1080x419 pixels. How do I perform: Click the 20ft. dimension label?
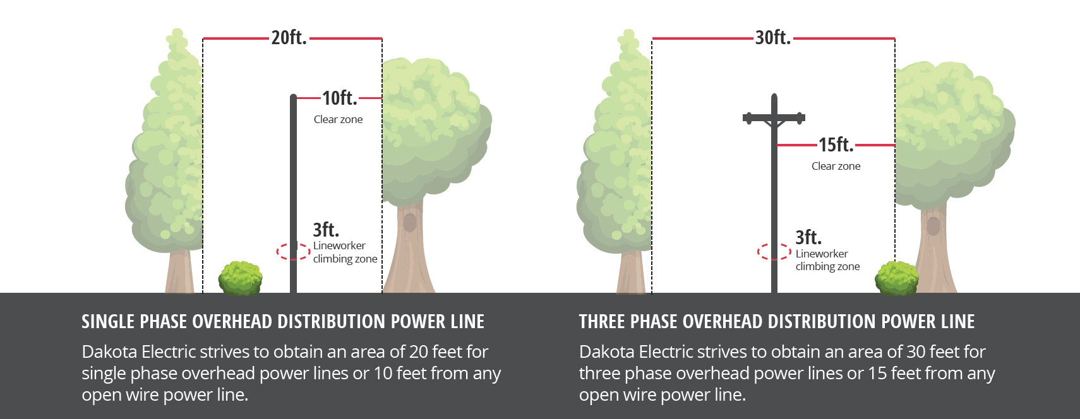coord(289,38)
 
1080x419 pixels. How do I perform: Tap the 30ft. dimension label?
coord(773,38)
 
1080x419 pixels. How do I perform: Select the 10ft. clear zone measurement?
coord(340,98)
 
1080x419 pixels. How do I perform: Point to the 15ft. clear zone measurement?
coord(836,145)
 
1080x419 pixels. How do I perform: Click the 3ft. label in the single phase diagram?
coord(326,230)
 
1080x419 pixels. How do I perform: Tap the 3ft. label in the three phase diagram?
coord(808,237)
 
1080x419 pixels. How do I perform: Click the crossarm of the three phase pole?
coord(774,117)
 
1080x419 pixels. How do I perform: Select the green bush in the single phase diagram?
coord(240,278)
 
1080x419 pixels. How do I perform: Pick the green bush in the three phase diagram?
coord(897,278)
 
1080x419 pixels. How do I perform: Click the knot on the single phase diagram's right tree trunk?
coord(409,223)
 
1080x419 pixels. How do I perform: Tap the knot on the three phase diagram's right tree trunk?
coord(933,226)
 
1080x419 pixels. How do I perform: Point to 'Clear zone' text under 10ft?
coord(338,119)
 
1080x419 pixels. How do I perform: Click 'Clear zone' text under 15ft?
coord(836,166)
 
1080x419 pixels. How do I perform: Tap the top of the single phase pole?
coord(293,95)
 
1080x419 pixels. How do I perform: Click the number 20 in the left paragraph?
coord(418,351)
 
